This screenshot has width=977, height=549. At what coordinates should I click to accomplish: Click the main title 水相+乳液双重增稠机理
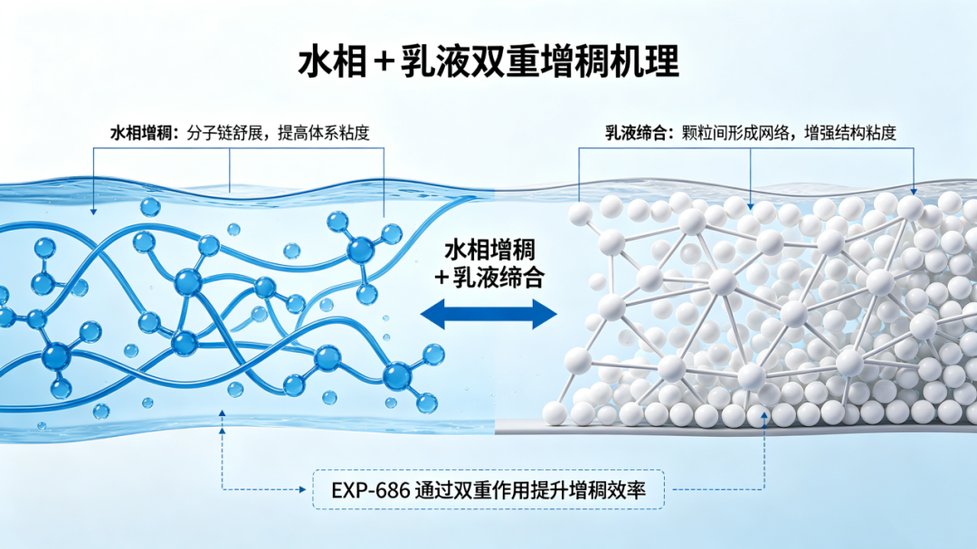coord(488,62)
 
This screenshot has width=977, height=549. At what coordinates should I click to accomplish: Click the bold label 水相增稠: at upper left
coord(145,133)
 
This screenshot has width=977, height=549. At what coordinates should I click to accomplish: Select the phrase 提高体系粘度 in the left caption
coord(323,133)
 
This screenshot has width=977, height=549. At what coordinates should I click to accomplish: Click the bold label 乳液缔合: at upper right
coord(640,133)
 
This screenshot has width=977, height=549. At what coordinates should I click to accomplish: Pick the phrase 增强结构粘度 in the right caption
coord(850,133)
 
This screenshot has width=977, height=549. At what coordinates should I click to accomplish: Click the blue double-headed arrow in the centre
coord(488,314)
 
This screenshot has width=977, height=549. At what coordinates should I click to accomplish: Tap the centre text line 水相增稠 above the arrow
coord(489,251)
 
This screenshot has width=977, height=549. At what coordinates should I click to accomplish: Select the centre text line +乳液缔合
coord(489,278)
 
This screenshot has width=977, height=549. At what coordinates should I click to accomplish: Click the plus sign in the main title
coord(382,62)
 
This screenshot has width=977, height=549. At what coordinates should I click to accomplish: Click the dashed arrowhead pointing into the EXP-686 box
coord(303,490)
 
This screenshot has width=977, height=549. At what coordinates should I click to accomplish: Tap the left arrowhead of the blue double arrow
coord(432,314)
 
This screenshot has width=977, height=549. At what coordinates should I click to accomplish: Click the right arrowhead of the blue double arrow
coord(545,314)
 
